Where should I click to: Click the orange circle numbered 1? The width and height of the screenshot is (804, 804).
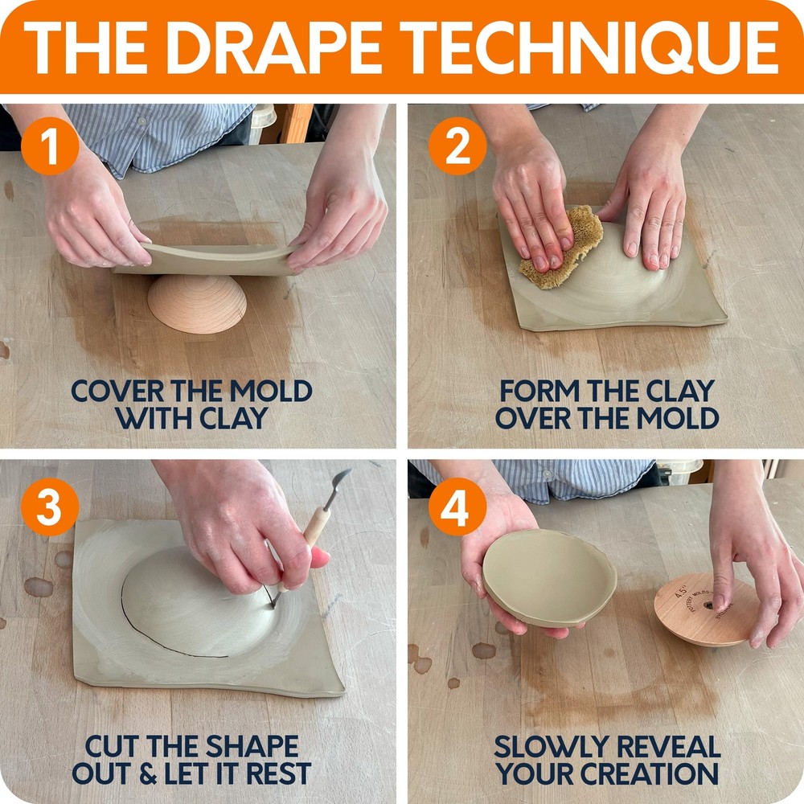click(x=49, y=150)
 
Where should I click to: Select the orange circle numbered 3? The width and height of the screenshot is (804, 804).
click(x=49, y=507)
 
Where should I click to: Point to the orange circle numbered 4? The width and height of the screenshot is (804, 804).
click(x=456, y=507)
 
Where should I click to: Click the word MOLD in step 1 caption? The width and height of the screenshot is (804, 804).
click(x=269, y=392)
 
